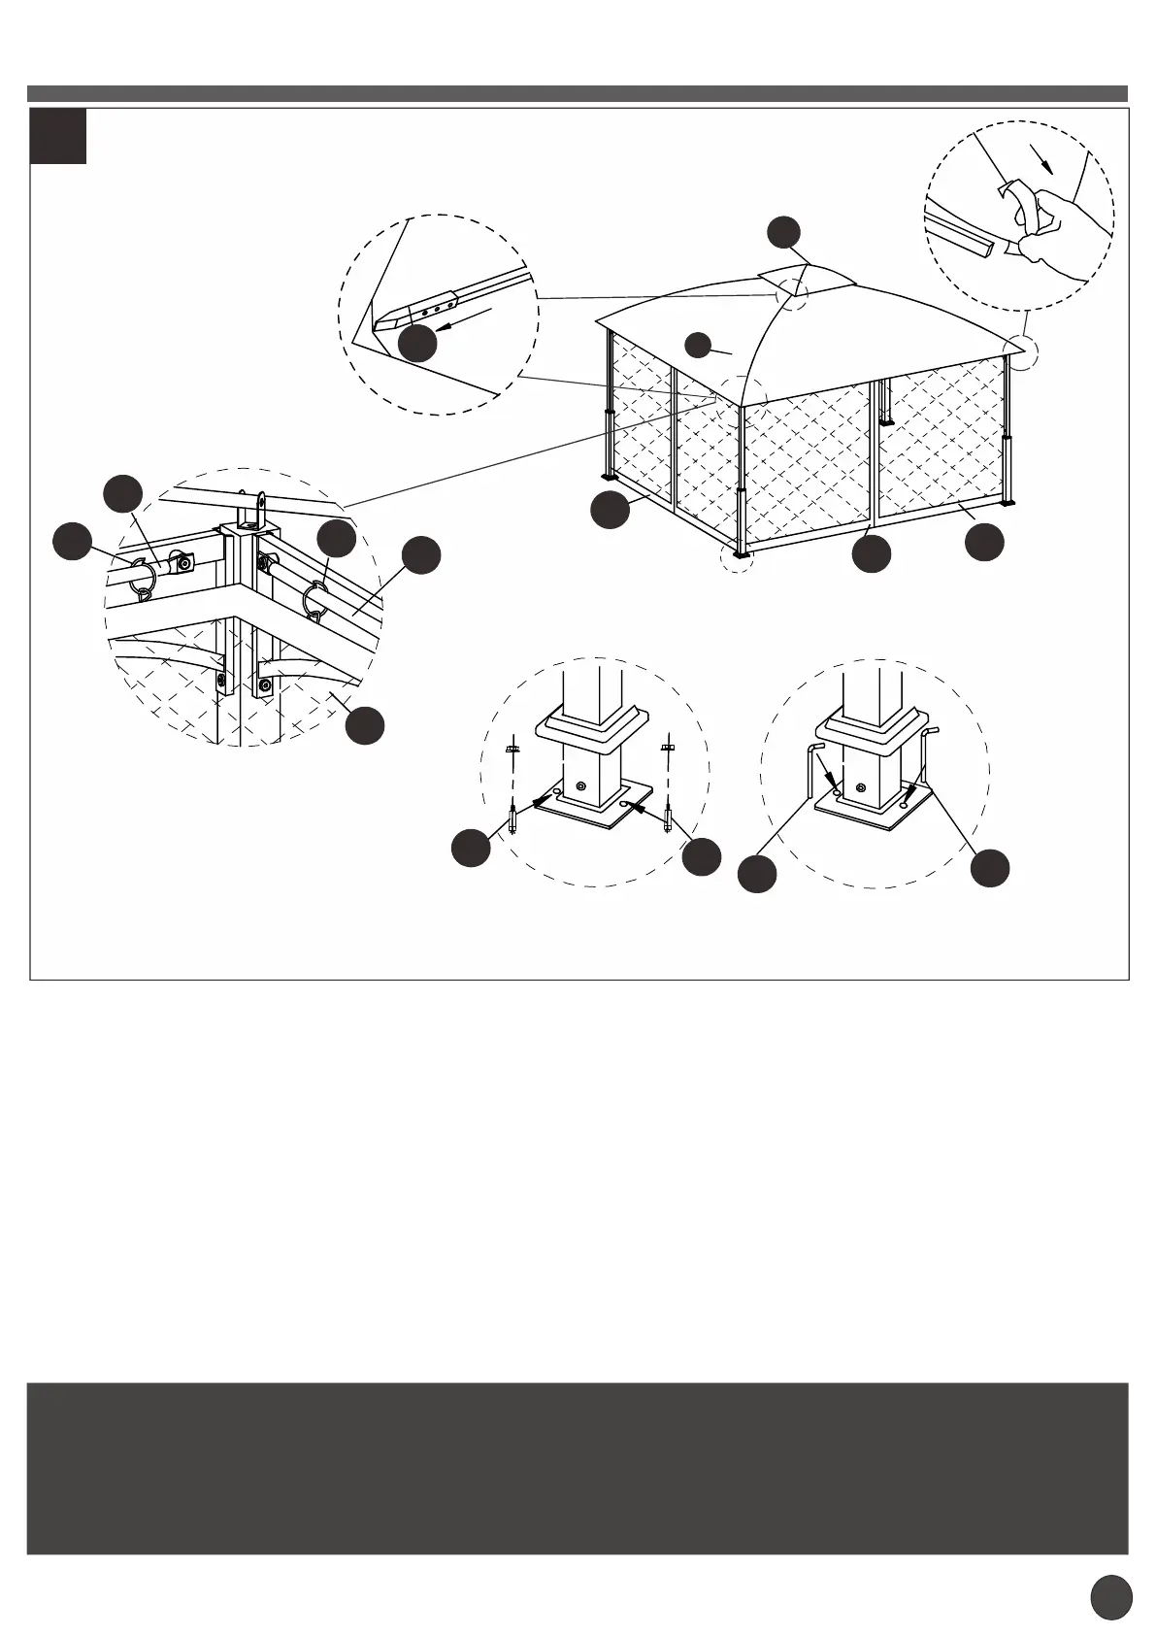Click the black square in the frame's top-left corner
click(x=58, y=136)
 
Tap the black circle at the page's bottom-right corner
click(x=1111, y=1596)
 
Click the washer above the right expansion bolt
click(x=667, y=747)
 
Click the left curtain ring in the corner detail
click(x=145, y=578)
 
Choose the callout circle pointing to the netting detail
click(x=365, y=726)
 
